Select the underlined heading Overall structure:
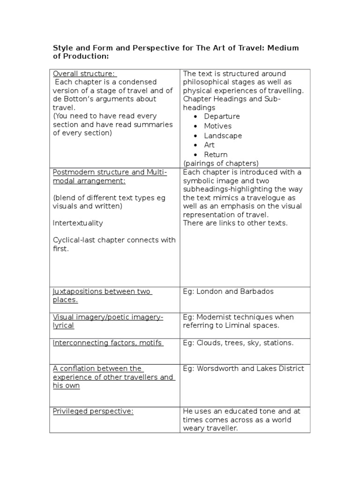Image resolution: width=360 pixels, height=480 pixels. tap(84, 74)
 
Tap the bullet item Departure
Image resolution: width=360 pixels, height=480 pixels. tap(222, 116)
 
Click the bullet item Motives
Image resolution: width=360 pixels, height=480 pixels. tap(217, 126)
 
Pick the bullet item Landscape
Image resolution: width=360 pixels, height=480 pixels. tap(223, 135)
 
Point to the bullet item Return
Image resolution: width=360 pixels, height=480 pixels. tap(216, 154)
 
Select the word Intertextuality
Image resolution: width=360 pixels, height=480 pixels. tap(78, 223)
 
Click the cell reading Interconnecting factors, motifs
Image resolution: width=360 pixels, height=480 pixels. tap(108, 343)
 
